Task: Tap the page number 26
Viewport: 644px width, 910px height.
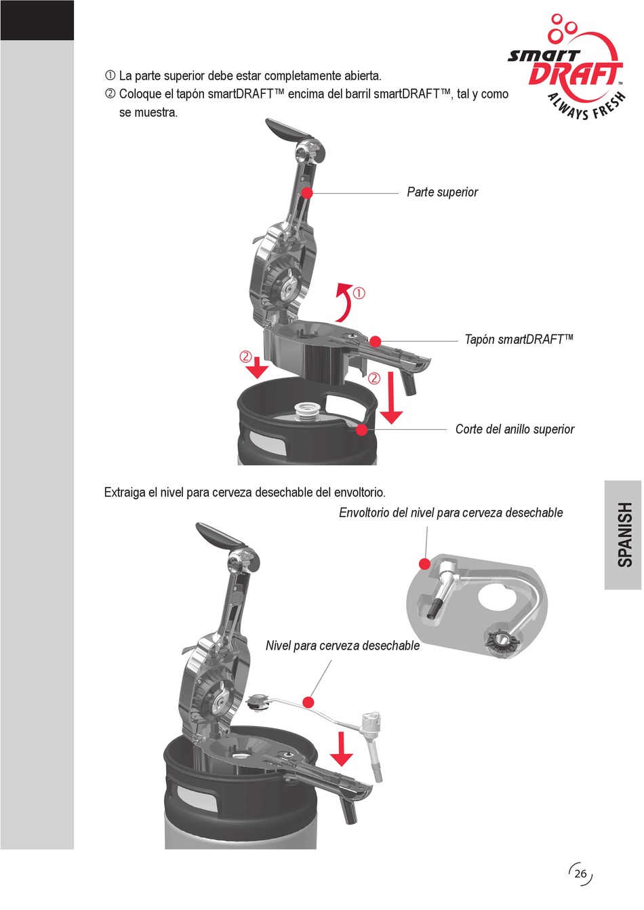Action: [580, 873]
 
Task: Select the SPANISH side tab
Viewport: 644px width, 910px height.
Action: [624, 534]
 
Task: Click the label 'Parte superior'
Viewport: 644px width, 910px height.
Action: [442, 193]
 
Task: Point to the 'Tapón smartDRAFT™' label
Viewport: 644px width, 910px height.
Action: [519, 340]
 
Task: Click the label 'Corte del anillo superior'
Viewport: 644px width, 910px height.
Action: [515, 429]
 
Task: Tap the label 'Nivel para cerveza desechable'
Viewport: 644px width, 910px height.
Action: [342, 646]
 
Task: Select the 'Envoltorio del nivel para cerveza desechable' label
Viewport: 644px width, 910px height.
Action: [451, 513]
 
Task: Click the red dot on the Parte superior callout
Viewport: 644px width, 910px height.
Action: [307, 193]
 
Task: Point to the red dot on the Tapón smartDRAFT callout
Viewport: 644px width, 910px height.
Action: [375, 341]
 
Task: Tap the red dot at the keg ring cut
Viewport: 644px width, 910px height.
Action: [362, 429]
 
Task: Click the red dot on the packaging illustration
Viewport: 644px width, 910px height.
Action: [425, 563]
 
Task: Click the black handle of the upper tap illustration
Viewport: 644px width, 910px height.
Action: [285, 131]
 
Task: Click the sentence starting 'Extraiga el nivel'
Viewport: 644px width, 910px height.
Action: [245, 493]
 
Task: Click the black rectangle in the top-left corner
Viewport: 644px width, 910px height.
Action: [37, 20]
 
